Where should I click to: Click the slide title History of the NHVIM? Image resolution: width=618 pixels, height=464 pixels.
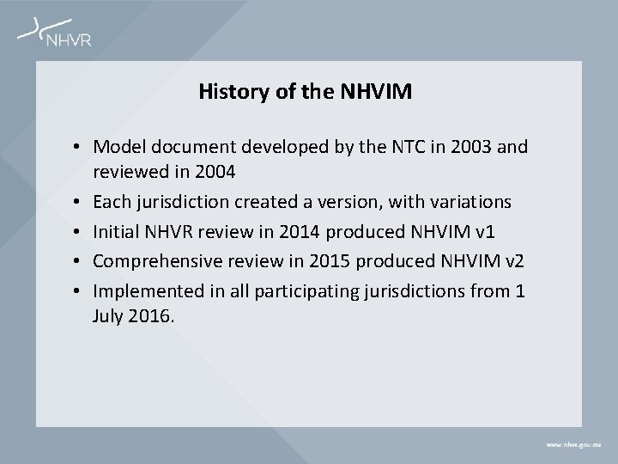tap(305, 91)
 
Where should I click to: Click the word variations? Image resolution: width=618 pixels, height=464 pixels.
tap(468, 202)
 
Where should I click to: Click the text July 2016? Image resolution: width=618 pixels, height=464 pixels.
tap(133, 316)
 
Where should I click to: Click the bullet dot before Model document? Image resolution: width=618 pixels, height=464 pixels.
tap(77, 148)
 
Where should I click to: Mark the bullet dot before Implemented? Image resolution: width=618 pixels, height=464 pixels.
tap(77, 292)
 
